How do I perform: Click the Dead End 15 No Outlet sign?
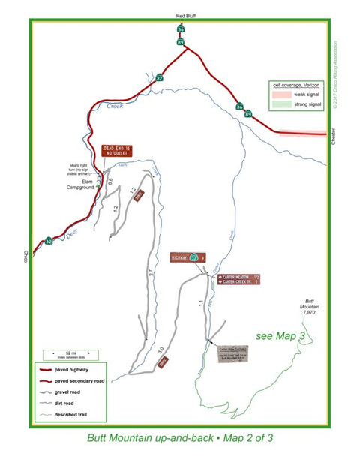click(116, 152)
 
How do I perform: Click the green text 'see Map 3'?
click(279, 335)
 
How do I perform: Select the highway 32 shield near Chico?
click(49, 241)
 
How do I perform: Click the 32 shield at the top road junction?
click(159, 77)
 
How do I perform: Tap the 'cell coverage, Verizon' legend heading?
click(300, 86)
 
